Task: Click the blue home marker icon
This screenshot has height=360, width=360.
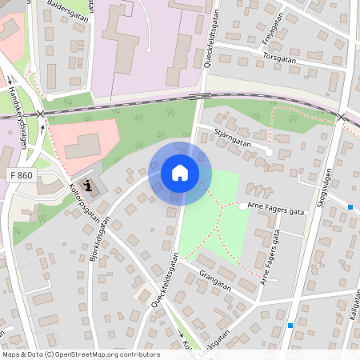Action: coord(180,173)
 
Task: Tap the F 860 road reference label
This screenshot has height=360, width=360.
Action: coord(22,174)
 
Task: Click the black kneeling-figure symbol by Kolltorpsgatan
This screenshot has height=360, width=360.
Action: coord(90,188)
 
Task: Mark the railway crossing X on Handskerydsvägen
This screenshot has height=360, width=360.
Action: coord(41,114)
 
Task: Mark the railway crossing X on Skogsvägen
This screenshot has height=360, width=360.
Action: coord(342,117)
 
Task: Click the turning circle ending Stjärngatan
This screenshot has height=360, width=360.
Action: coord(270,151)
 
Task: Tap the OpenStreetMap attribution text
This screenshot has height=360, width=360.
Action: coord(80,354)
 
